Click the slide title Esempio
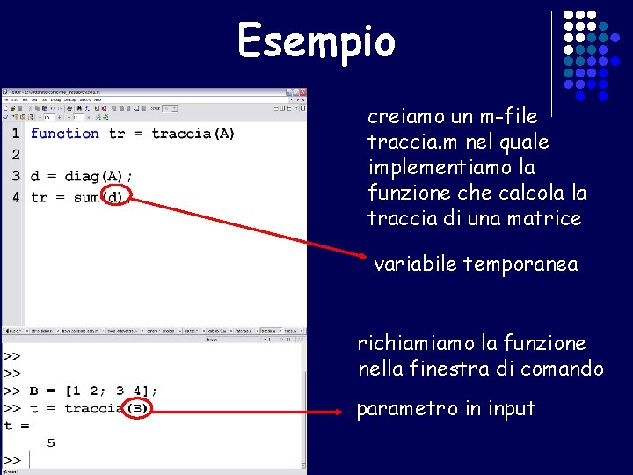pyautogui.click(x=316, y=41)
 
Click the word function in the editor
pyautogui.click(x=64, y=134)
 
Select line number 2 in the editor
pyautogui.click(x=16, y=155)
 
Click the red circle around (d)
pyautogui.click(x=115, y=197)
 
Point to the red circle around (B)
pyautogui.click(x=138, y=408)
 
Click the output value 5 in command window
pyautogui.click(x=51, y=442)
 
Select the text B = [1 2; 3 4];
pyautogui.click(x=94, y=391)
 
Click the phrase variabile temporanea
pyautogui.click(x=476, y=264)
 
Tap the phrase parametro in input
pyautogui.click(x=445, y=409)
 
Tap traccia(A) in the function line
pyautogui.click(x=193, y=134)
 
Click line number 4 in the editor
pyautogui.click(x=16, y=197)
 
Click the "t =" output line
pyautogui.click(x=16, y=426)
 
